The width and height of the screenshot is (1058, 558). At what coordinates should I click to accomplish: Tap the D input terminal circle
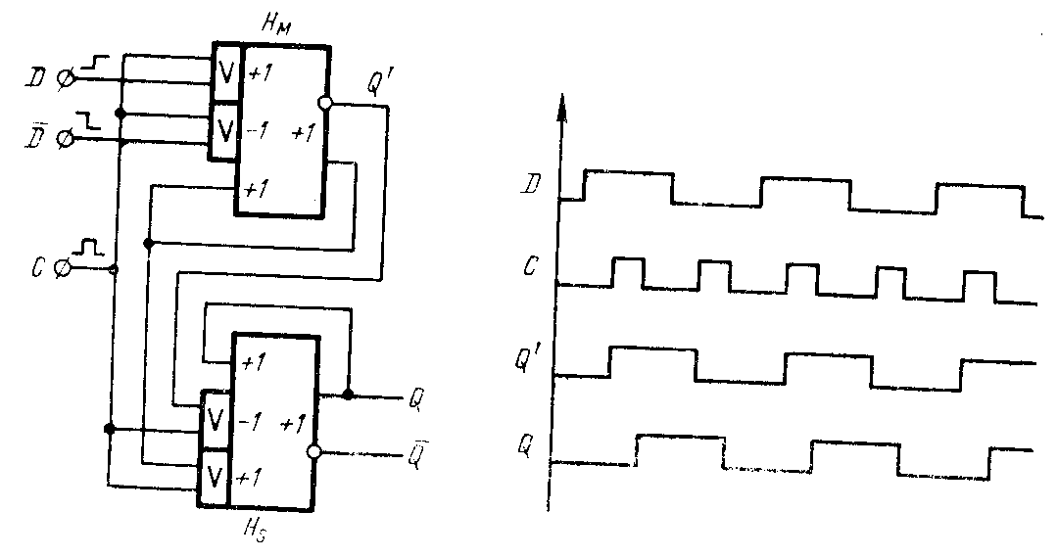point(65,77)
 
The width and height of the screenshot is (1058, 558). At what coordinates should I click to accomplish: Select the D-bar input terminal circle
point(65,140)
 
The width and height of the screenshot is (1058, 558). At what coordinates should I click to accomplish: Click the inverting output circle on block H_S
point(314,452)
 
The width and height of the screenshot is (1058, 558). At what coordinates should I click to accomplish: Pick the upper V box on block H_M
point(225,71)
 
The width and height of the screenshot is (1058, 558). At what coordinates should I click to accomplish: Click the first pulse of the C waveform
point(628,272)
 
